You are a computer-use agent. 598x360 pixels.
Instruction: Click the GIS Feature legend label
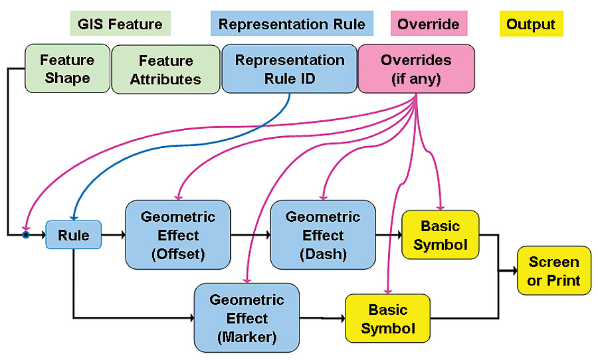(120, 25)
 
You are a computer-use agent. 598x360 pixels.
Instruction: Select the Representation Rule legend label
(292, 25)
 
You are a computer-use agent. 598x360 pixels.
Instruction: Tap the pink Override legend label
(428, 25)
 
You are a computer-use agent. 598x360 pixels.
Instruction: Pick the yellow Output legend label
(530, 25)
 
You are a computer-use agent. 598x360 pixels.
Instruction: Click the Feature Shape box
(67, 68)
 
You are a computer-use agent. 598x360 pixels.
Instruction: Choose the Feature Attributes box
(165, 69)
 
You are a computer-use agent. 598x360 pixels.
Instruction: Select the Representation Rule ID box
(289, 69)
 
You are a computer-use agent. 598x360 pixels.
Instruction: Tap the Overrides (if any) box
(416, 68)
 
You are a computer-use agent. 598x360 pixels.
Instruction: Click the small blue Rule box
(73, 234)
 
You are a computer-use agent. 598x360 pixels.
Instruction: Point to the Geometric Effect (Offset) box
(178, 234)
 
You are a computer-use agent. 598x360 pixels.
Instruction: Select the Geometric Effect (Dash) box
(323, 234)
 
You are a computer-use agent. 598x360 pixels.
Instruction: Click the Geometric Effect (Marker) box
(247, 318)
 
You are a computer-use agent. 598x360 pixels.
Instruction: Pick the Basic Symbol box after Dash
(440, 235)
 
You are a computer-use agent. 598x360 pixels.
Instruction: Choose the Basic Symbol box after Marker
(387, 318)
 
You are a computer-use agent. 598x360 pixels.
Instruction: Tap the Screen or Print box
(553, 271)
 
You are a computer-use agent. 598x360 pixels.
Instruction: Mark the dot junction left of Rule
(26, 234)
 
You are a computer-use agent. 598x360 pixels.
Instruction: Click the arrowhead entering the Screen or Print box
(513, 271)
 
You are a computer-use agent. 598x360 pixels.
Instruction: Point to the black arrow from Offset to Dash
(251, 234)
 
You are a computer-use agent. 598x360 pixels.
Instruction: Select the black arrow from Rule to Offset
(114, 234)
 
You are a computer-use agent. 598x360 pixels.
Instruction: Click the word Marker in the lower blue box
(247, 337)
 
